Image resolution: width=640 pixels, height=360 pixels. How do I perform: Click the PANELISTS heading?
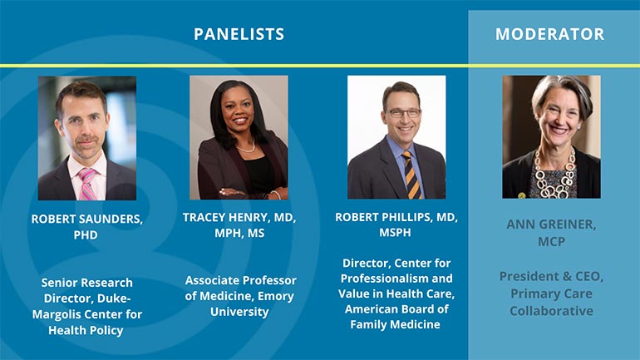pyautogui.click(x=239, y=34)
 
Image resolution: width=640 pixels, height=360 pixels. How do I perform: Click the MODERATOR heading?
pyautogui.click(x=549, y=34)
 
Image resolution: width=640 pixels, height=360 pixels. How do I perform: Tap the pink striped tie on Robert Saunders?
pyautogui.click(x=87, y=184)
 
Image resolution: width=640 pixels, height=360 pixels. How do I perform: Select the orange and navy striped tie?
pyautogui.click(x=411, y=175)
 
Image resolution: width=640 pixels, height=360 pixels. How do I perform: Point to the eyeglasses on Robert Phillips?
pyautogui.click(x=403, y=112)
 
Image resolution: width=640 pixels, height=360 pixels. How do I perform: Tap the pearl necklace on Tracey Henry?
pyautogui.click(x=246, y=148)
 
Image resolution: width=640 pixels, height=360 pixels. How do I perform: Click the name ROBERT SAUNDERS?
pyautogui.click(x=87, y=219)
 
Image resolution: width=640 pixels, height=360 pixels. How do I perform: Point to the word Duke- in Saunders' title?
pyautogui.click(x=115, y=298)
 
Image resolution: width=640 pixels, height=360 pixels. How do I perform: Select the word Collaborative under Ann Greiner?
pyautogui.click(x=551, y=311)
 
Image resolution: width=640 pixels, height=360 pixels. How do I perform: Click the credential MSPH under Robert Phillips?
pyautogui.click(x=395, y=232)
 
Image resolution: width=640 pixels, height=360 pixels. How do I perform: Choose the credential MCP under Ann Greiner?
pyautogui.click(x=551, y=241)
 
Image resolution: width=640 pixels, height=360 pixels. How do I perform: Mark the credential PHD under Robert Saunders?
pyautogui.click(x=86, y=234)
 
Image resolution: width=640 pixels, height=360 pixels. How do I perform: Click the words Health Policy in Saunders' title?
pyautogui.click(x=86, y=330)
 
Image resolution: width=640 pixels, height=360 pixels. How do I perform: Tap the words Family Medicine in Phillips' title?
pyautogui.click(x=395, y=324)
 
